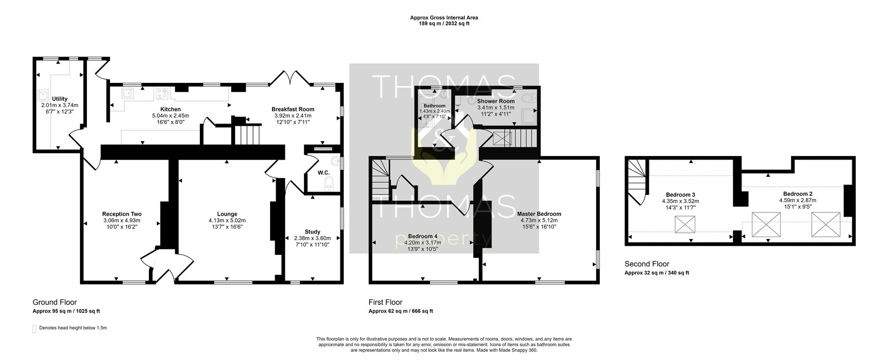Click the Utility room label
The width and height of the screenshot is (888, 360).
[x=60, y=99]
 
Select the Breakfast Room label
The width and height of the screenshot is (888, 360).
[x=293, y=110]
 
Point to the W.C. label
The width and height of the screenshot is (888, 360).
[x=324, y=173]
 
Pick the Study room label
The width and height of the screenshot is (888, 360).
[x=313, y=232]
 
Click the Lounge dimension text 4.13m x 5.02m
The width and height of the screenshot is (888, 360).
[x=227, y=220]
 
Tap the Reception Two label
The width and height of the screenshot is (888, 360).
[x=122, y=214]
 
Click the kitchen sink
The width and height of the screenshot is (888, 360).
[x=128, y=94]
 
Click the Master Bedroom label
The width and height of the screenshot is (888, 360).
[x=539, y=214]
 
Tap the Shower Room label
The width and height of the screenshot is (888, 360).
[x=496, y=101]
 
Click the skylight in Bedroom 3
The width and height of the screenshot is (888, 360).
[x=685, y=224]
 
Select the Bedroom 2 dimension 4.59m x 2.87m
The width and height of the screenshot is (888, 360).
[x=798, y=200]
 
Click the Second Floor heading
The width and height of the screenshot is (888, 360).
[x=647, y=264]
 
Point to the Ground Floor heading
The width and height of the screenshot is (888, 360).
[x=55, y=303]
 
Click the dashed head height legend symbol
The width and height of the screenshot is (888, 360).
[x=34, y=329]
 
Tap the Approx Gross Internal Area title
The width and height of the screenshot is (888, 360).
[x=444, y=18]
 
